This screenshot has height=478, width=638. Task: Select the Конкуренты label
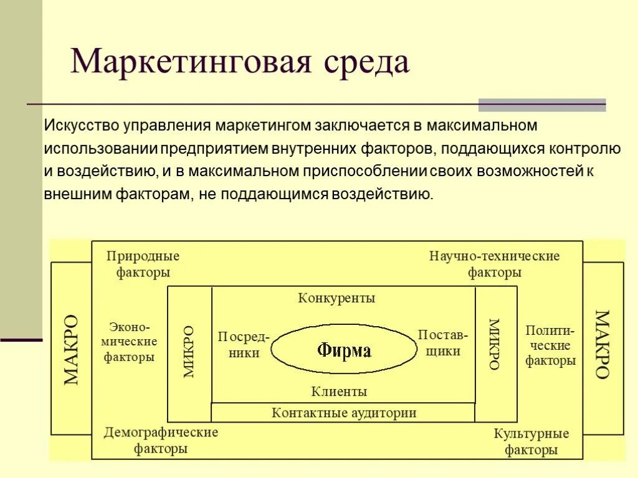[x=336, y=298]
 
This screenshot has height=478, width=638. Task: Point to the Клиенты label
[x=339, y=391]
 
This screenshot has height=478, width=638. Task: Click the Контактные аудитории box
[x=343, y=412]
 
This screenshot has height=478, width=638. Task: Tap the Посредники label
[x=243, y=344]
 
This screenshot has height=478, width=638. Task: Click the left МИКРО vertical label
[x=189, y=352]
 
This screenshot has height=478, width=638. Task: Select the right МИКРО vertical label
[x=494, y=344]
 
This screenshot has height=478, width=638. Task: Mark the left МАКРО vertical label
[x=71, y=349]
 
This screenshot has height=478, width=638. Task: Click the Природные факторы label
[x=143, y=264]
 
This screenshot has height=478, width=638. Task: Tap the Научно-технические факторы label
[x=495, y=264]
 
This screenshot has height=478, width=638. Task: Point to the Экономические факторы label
[x=130, y=342]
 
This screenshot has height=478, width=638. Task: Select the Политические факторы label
[x=550, y=345]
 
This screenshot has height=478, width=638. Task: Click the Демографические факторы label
[x=161, y=439]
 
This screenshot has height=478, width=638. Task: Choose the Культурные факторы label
[x=531, y=441]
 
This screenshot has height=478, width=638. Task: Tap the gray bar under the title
[x=541, y=105]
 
